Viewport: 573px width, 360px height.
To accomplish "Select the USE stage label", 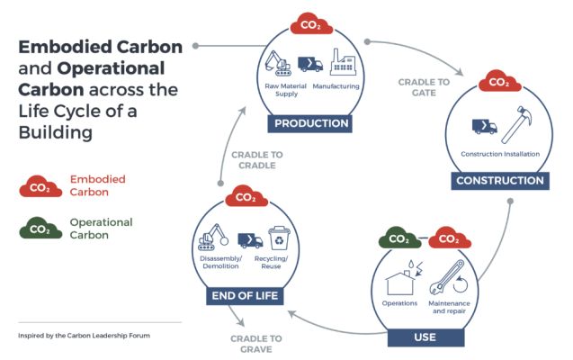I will tap(425, 337).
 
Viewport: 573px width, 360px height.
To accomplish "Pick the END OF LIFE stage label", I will tap(242, 295).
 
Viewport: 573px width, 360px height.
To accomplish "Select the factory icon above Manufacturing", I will tap(344, 63).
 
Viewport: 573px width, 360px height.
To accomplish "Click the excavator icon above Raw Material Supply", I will tap(281, 61).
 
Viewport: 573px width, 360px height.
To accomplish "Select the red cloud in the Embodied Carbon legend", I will tap(40, 186).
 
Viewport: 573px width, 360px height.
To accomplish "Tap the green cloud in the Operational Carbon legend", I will tap(40, 229).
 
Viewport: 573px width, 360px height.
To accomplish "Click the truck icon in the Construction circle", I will tap(484, 126).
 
